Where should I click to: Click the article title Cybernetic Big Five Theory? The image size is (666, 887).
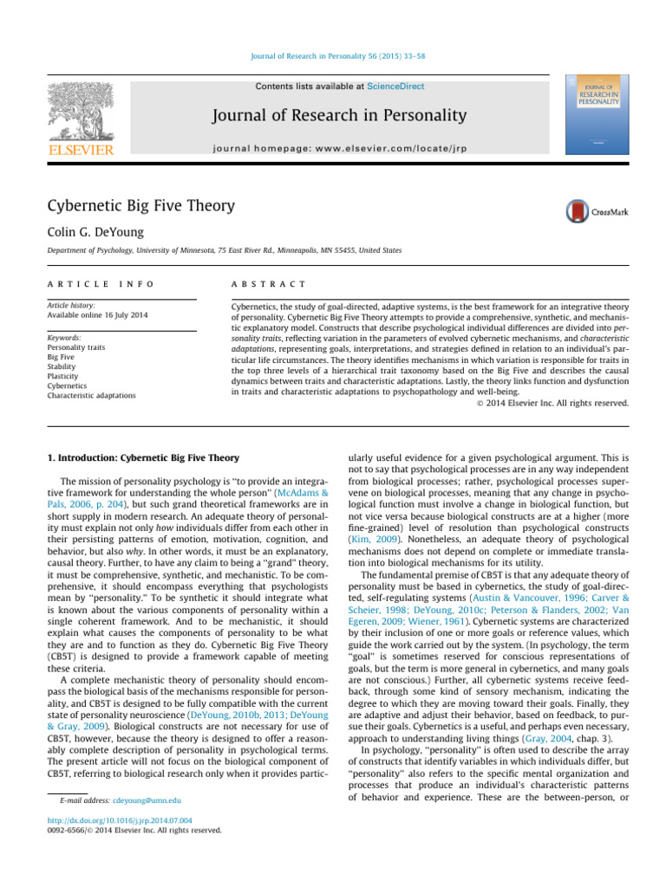coord(140,205)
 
